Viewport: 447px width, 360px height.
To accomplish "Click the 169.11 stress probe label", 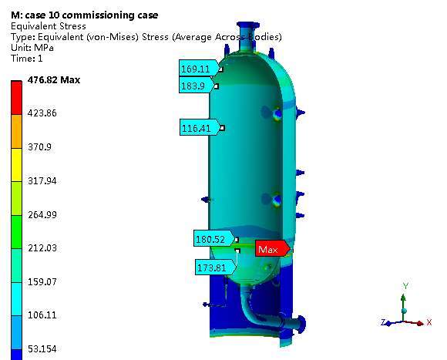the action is click(x=200, y=68).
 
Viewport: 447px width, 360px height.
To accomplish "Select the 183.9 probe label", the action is click(x=197, y=86).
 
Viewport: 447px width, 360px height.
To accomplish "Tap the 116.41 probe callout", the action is click(x=200, y=127).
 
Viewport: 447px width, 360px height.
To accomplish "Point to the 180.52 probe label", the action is click(x=214, y=238).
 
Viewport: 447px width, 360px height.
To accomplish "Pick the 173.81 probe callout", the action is click(x=216, y=267).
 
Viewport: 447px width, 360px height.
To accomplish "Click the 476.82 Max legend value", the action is click(x=54, y=80).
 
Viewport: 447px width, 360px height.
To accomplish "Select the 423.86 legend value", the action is click(x=42, y=113).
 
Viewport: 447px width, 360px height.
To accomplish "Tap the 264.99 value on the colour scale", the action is click(x=42, y=214).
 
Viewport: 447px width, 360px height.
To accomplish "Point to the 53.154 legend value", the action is click(x=42, y=348).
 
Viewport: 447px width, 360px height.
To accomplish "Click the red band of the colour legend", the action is click(x=16, y=98).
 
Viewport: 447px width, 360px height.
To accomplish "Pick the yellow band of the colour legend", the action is click(x=16, y=165).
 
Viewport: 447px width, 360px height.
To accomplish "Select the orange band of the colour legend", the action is click(x=16, y=131).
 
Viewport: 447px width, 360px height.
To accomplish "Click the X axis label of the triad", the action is click(x=429, y=322).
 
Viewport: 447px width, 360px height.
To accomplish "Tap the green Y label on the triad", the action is click(x=405, y=286).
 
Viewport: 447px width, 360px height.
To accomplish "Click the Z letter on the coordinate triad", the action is click(x=384, y=322).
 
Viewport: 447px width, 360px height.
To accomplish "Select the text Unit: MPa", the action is click(x=32, y=48).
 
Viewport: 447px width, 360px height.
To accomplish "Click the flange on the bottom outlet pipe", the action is click(x=301, y=325).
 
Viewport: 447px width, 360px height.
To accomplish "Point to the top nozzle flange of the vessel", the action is click(x=247, y=25).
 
